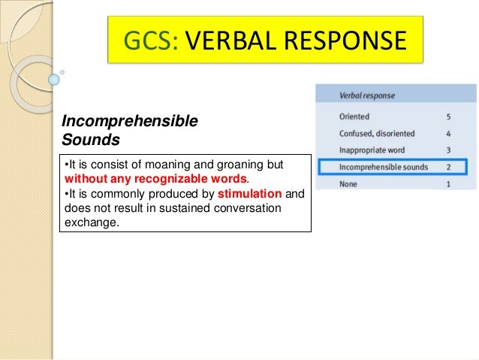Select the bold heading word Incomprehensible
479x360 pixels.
[129, 122]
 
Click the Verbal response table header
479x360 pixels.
[367, 96]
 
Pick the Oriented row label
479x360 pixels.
[355, 117]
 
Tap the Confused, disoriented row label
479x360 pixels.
[377, 134]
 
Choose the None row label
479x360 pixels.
[349, 183]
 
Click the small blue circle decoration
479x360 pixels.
[53, 79]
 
